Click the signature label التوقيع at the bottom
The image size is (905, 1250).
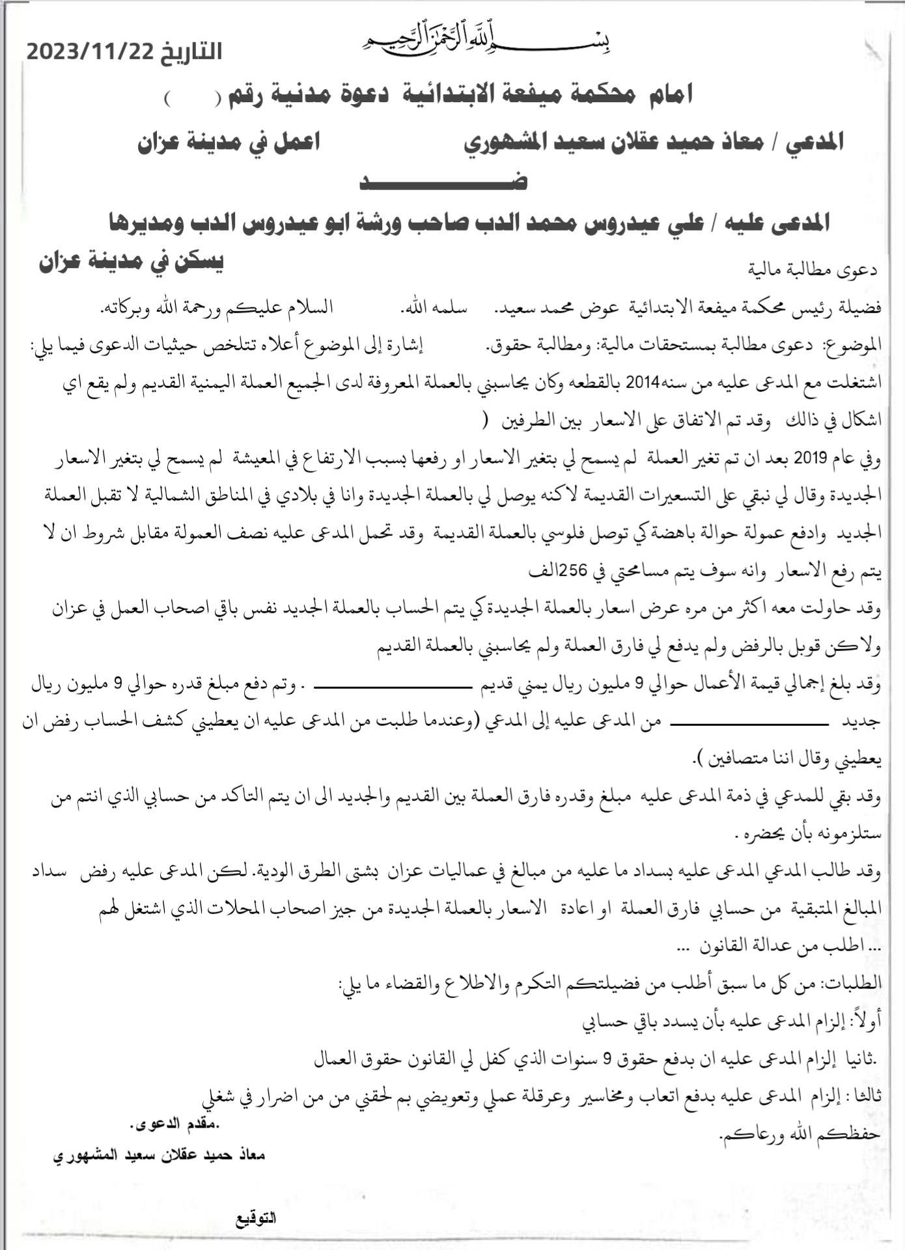[x=256, y=1219]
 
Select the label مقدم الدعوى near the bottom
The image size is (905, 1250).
[x=175, y=1124]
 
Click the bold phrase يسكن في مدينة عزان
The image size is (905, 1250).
[x=130, y=262]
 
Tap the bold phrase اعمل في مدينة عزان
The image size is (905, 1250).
[x=229, y=142]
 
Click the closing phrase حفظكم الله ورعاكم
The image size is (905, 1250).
[x=800, y=1134]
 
